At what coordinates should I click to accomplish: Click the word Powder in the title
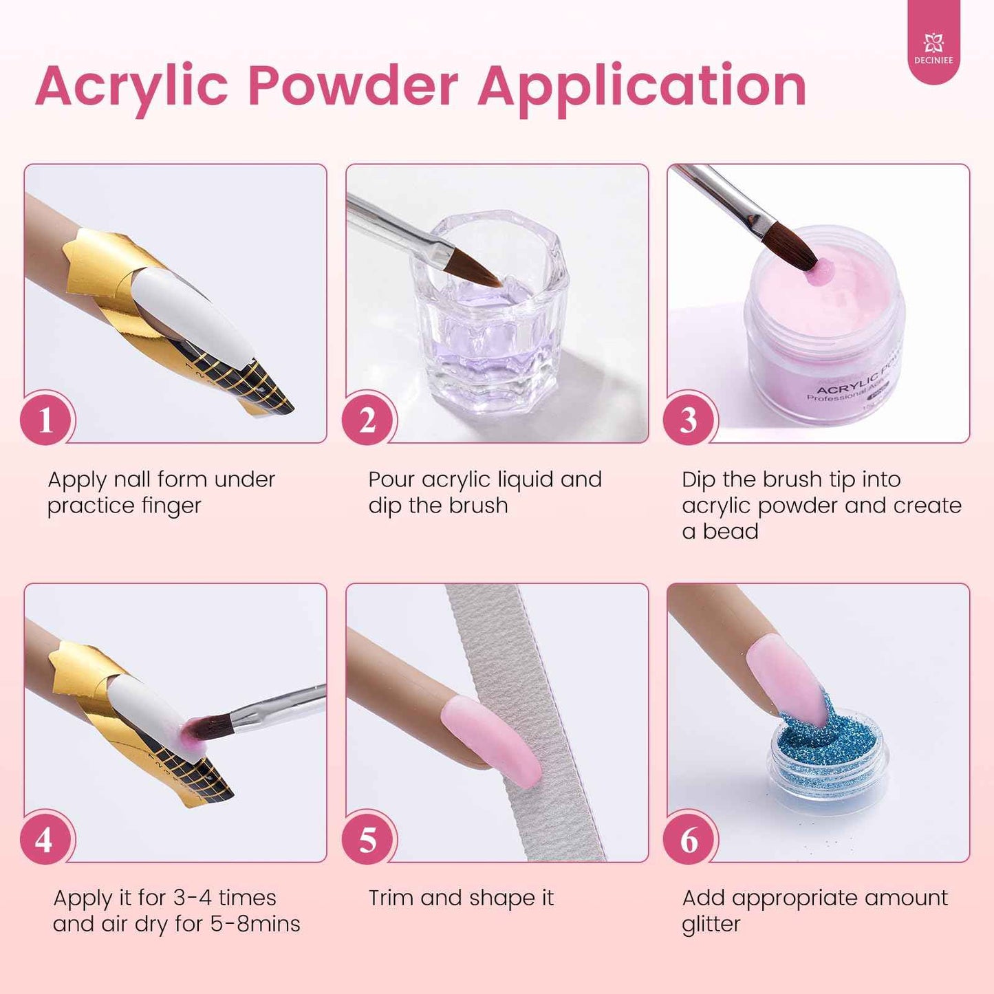[x=352, y=87]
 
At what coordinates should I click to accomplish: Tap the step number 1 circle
[x=46, y=420]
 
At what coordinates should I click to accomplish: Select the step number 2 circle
[x=367, y=420]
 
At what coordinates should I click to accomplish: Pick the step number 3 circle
[x=689, y=420]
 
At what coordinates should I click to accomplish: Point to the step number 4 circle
[x=45, y=839]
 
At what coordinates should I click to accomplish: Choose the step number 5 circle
[x=367, y=839]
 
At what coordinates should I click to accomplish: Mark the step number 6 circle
[x=689, y=839]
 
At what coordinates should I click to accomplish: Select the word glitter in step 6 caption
[x=711, y=924]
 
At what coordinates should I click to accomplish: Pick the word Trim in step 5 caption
[x=390, y=898]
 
